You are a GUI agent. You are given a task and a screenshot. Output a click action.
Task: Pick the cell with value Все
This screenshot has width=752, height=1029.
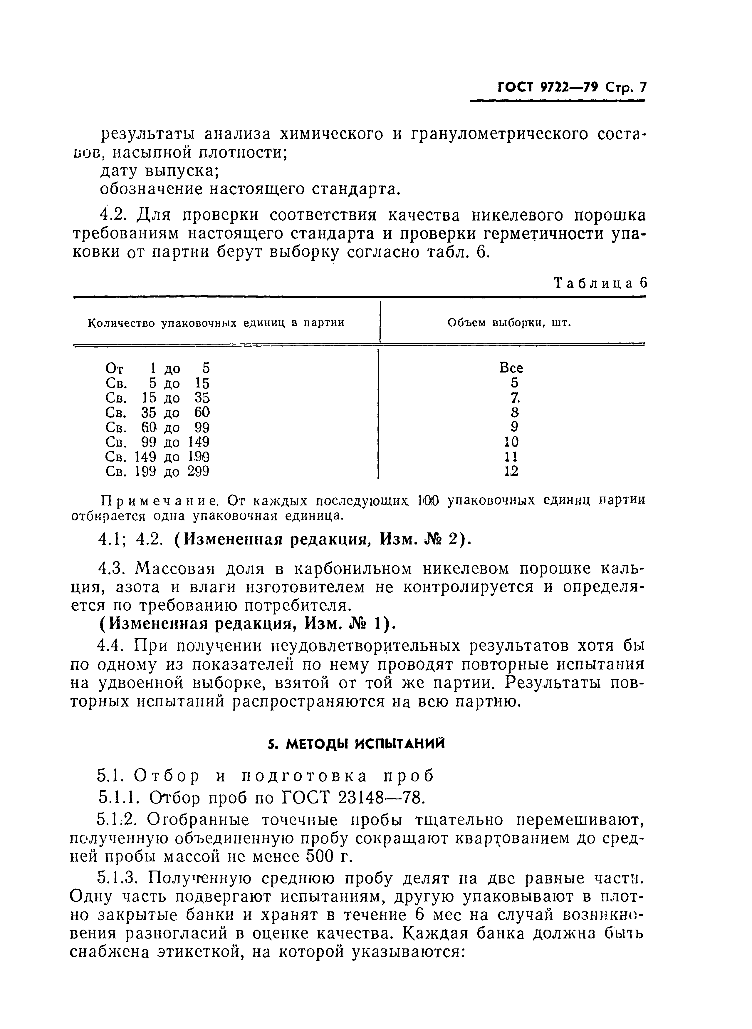[x=511, y=367]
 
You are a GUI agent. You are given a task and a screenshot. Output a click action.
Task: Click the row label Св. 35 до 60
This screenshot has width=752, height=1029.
[x=157, y=412]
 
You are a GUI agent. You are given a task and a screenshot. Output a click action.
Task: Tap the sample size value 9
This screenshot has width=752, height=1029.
[x=514, y=427]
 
